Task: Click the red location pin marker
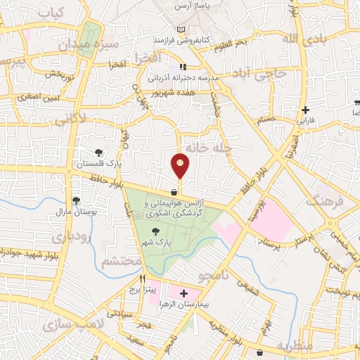pos(181,166)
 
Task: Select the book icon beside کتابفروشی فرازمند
pos(183,30)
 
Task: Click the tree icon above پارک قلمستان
pos(98,152)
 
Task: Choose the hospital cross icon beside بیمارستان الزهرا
pos(185,293)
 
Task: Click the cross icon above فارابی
pos(304,110)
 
